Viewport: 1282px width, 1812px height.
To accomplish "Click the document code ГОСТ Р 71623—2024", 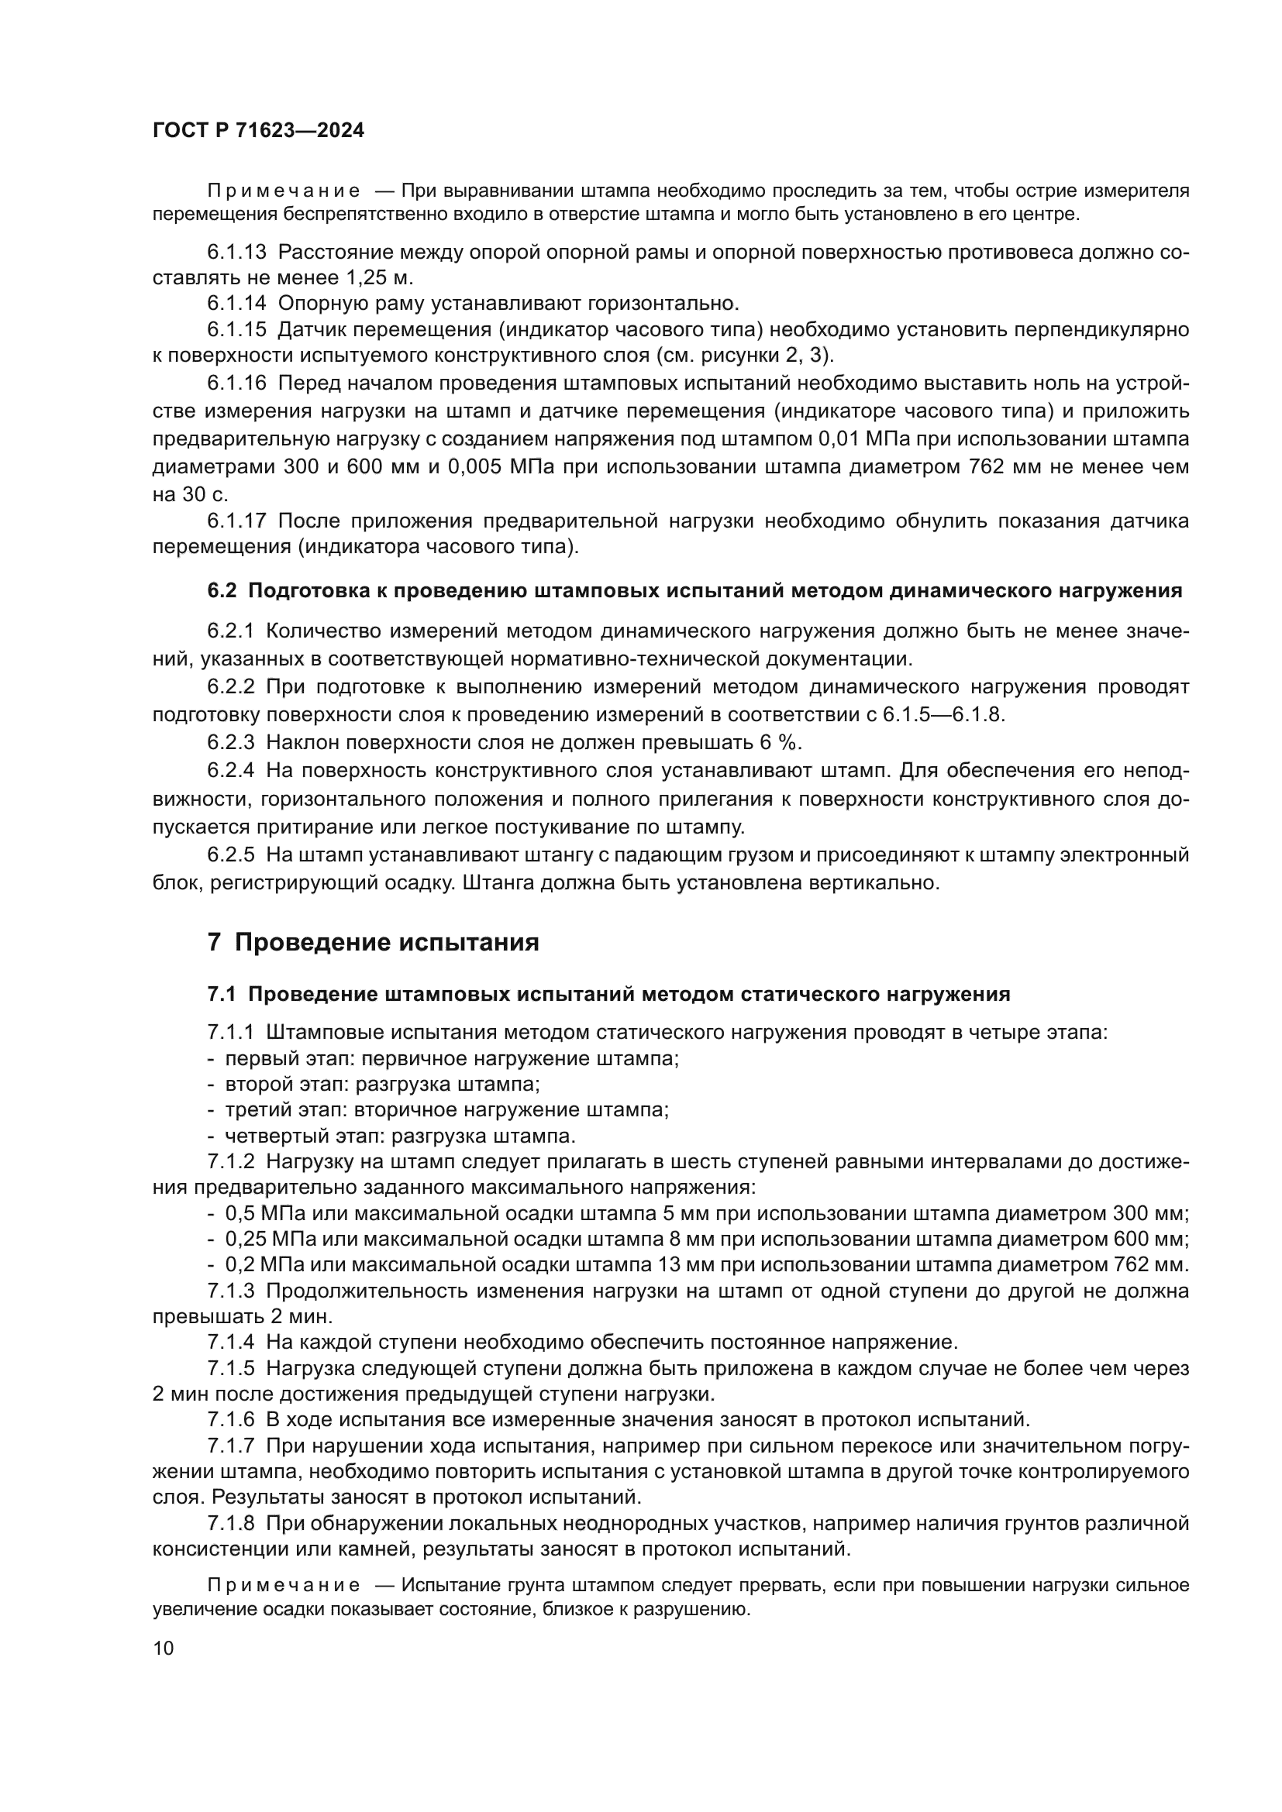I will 258,131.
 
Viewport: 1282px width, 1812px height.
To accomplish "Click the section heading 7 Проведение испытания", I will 374,942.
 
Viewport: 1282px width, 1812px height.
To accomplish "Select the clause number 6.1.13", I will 237,253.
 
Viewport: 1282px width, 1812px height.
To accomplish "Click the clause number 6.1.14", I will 237,303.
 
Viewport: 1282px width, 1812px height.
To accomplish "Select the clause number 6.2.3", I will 231,743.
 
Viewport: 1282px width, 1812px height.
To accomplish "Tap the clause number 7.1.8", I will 231,1523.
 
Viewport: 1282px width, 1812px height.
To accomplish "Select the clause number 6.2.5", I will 231,854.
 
